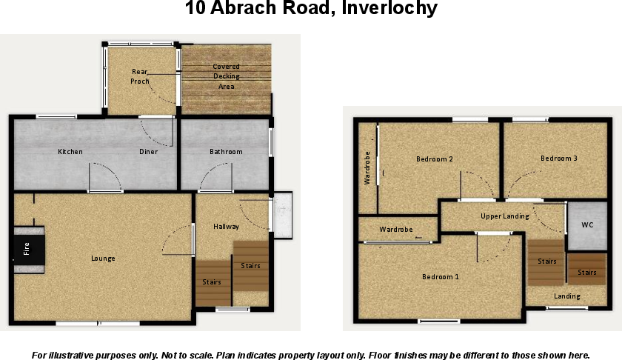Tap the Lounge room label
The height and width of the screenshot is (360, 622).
tap(103, 259)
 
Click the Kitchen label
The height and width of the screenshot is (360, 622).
tap(70, 152)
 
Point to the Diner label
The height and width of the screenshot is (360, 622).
tap(148, 152)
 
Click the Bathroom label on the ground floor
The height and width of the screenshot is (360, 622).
tap(226, 152)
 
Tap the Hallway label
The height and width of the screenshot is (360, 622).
tap(226, 227)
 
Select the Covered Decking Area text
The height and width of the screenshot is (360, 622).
tap(227, 76)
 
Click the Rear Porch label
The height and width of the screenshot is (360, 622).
tap(141, 76)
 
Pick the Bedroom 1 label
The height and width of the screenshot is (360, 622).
tap(441, 277)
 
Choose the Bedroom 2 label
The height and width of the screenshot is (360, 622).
tap(435, 159)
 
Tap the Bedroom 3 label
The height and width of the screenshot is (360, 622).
tap(558, 159)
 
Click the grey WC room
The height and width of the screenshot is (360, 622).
tap(587, 225)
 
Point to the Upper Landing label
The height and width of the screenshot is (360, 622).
tap(504, 216)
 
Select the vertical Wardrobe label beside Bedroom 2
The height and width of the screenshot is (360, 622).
tap(367, 168)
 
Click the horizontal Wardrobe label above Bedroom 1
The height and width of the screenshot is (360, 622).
tap(396, 230)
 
